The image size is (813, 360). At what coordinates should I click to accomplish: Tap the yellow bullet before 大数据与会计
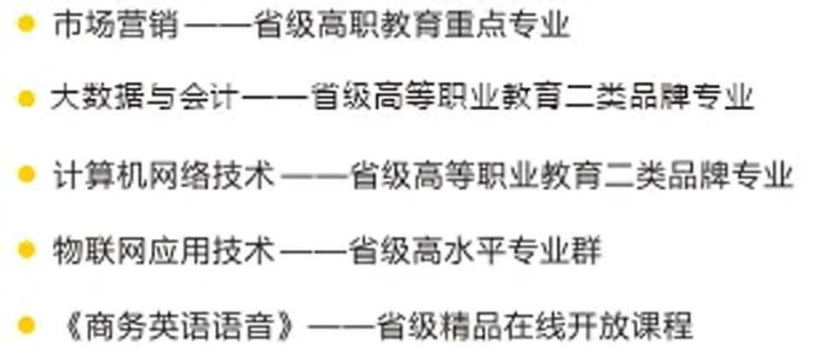point(26,98)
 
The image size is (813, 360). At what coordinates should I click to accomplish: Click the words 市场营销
point(115,26)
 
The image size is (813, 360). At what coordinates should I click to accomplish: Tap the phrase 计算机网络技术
point(162,176)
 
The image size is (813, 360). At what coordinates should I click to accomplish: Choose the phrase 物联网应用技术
point(162,251)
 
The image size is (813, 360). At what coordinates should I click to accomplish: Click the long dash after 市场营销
point(217,26)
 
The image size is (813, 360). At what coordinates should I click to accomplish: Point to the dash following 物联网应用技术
point(312,251)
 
